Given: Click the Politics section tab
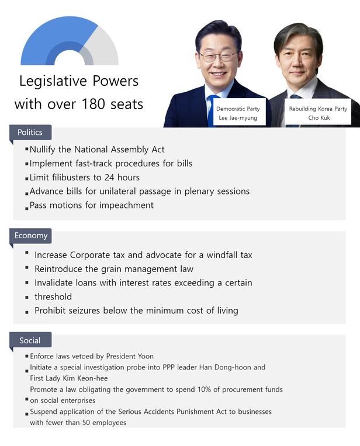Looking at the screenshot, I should point(30,133).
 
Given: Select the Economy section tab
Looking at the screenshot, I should point(31,236).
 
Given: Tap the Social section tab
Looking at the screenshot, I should point(30,340).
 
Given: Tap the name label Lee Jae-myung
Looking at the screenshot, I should point(237,118).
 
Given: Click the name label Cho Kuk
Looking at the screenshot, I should point(318,118).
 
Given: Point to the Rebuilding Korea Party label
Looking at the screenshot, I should point(318,109).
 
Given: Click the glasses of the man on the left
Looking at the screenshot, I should point(219,57).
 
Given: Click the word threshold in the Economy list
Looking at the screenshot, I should point(53,297).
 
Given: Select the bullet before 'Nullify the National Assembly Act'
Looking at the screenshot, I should point(27,149).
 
